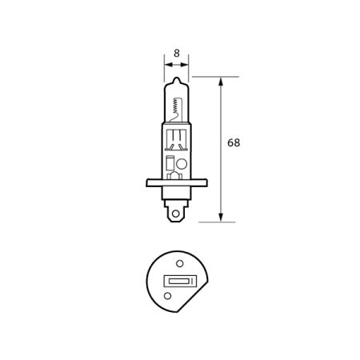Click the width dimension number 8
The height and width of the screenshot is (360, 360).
[x=176, y=47]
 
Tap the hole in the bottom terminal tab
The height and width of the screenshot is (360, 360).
[x=177, y=211]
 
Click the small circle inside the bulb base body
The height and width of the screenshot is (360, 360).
[x=182, y=165]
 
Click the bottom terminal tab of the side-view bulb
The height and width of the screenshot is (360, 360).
[x=177, y=210]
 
